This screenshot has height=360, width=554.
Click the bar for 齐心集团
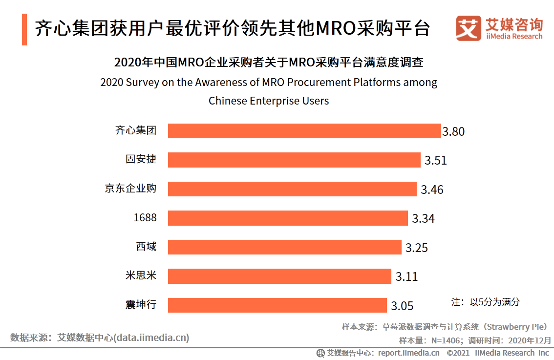click(x=304, y=131)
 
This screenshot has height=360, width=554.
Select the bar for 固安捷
click(x=294, y=160)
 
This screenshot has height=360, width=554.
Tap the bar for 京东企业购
click(x=292, y=189)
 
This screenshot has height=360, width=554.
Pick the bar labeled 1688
click(x=288, y=218)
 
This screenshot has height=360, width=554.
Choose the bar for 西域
click(x=284, y=247)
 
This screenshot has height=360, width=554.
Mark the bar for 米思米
click(x=279, y=276)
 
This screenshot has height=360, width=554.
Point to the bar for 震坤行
click(x=277, y=305)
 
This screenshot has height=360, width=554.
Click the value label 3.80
click(x=453, y=131)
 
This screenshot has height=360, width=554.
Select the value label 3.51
click(x=435, y=161)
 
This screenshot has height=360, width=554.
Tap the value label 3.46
click(x=432, y=190)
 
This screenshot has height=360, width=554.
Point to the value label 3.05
click(x=402, y=306)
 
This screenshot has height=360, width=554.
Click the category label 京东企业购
click(x=130, y=189)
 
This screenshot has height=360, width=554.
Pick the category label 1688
click(x=145, y=218)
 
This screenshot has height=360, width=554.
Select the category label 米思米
click(x=141, y=275)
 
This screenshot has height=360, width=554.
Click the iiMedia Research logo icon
click(x=468, y=29)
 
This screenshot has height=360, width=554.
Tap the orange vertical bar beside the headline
click(x=24, y=29)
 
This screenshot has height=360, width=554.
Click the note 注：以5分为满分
click(x=485, y=302)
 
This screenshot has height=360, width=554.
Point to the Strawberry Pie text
click(x=518, y=327)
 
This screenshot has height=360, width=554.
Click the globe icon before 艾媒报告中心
click(x=320, y=353)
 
